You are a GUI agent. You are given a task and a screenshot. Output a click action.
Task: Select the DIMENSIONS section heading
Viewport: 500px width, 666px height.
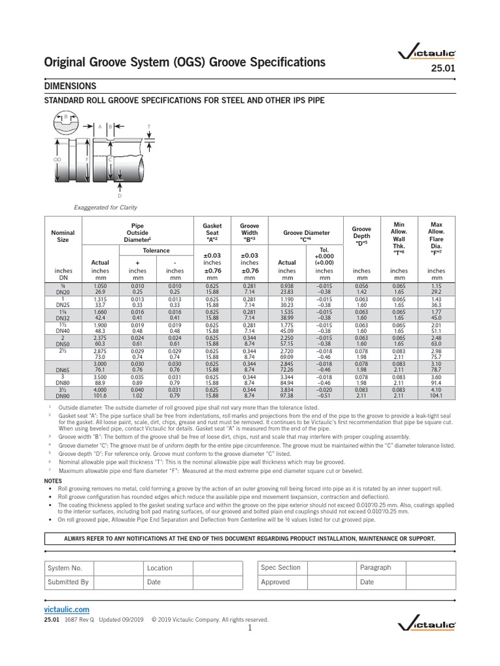(70, 86)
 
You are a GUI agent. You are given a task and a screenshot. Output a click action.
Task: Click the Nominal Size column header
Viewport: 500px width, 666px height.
(62, 235)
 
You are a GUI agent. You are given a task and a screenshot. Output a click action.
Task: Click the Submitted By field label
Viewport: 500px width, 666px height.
(68, 582)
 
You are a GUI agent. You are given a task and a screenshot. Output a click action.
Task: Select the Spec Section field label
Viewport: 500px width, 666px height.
(281, 568)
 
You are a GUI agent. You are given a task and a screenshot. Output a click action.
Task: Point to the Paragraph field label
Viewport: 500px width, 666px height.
(376, 568)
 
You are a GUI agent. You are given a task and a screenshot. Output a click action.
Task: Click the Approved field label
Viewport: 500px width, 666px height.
(275, 582)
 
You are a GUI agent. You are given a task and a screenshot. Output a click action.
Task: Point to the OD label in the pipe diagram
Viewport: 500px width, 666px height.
(57, 158)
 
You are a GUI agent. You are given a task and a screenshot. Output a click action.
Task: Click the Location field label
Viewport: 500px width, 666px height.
(160, 568)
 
